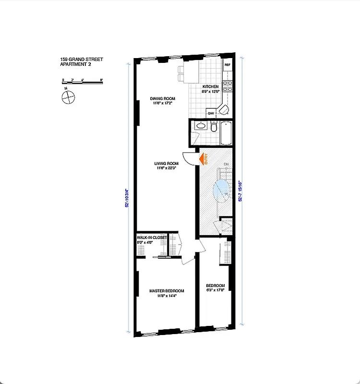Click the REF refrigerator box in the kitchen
pos(227,65)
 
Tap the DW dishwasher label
pos(211,113)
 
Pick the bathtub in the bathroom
pos(226,133)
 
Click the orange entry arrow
pos(204,158)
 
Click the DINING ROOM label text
pos(162,99)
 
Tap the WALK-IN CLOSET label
pos(152,238)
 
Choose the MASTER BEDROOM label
pos(167,291)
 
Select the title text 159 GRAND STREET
pos(82,60)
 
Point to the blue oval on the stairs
pos(222,189)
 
